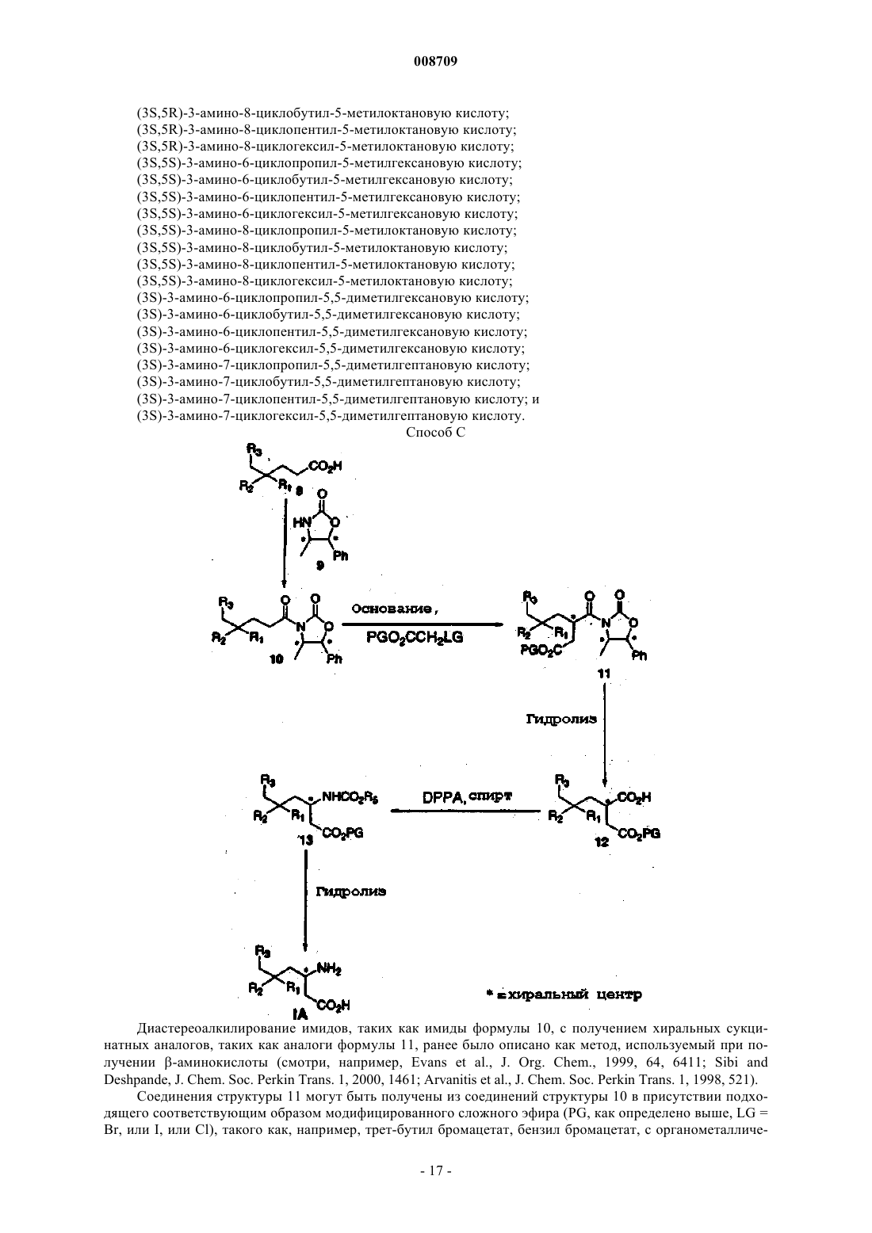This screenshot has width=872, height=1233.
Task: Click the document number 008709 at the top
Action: pos(435,62)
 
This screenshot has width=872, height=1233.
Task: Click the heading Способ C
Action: pos(435,433)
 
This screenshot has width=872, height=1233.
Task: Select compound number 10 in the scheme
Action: pos(277,659)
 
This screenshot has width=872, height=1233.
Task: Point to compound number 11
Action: pos(604,674)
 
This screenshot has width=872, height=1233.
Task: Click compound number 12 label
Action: pos(602,842)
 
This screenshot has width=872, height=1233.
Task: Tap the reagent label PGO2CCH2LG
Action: pos(415,638)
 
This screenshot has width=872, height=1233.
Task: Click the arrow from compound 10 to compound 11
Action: pos(423,624)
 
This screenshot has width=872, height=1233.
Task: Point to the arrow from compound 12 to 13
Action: pos(465,811)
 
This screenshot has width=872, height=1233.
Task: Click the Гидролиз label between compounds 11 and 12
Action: pos(561,720)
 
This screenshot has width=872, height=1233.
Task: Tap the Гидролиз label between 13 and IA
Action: pos(351,891)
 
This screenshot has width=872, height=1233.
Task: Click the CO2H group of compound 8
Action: pos(325,466)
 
